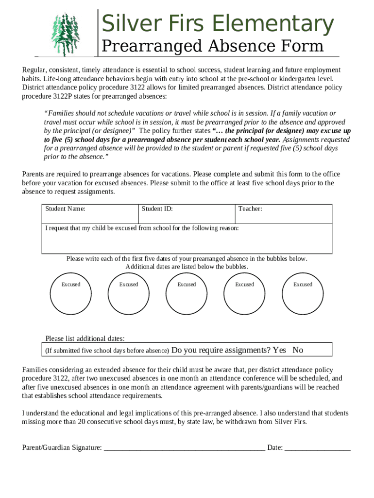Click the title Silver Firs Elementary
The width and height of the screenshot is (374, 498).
[217, 24]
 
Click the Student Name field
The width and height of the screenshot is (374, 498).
[90, 214]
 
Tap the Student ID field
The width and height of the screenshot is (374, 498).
[187, 214]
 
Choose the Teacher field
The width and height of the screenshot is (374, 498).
[284, 214]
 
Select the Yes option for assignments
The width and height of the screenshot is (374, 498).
[279, 350]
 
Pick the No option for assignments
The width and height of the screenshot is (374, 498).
[298, 350]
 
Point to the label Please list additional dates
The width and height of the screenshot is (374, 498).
[85, 338]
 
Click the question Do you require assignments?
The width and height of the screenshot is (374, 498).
[221, 350]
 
